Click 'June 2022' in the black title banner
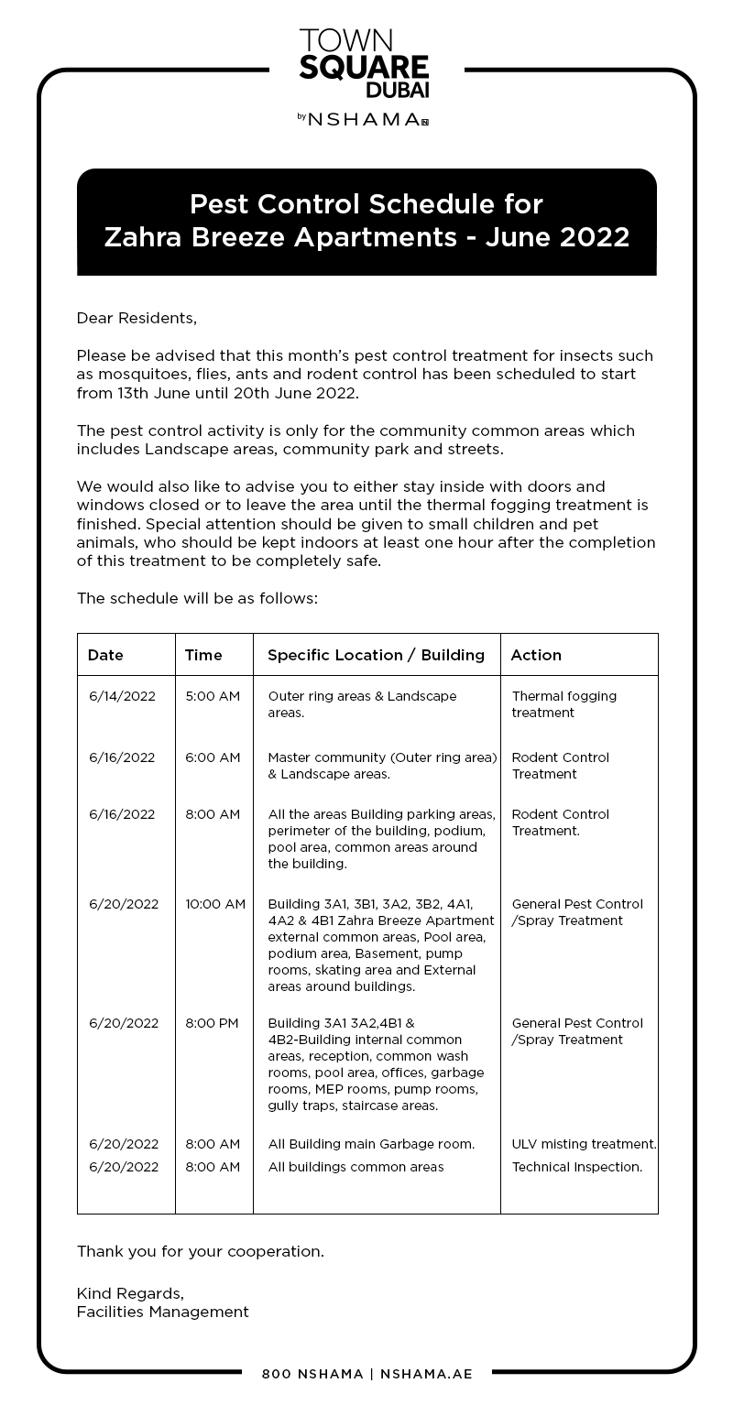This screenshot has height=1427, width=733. point(558,237)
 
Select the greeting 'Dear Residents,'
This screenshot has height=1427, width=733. point(137,318)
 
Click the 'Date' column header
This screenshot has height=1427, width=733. point(105,655)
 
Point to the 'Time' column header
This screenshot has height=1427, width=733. point(203,655)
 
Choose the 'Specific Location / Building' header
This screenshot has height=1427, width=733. point(376,655)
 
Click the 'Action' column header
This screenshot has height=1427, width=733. point(536,655)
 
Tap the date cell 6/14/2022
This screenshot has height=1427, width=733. point(122,696)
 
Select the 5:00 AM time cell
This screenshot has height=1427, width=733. point(213,696)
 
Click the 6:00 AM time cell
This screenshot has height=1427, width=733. point(213,757)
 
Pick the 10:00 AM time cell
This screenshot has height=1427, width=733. point(215,904)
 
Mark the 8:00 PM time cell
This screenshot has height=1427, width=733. point(212,1023)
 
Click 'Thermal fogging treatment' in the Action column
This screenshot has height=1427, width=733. point(563,704)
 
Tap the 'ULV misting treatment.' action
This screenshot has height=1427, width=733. point(584,1144)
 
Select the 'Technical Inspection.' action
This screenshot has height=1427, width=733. point(576,1167)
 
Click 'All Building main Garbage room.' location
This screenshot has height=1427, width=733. point(371,1144)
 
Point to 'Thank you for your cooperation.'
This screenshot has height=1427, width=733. point(200,1251)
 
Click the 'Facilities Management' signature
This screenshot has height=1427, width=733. point(162,1312)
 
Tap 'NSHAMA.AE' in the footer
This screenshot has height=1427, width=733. point(426,1374)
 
